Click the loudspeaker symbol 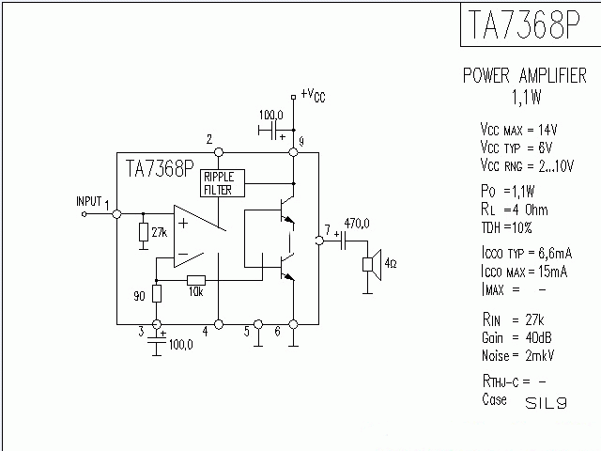[x=371, y=262]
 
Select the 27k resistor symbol [x=142, y=231]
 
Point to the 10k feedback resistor [x=196, y=279]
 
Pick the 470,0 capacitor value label [x=357, y=224]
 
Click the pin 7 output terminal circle [x=319, y=241]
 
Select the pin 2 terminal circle [x=218, y=151]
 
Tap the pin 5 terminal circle [x=258, y=325]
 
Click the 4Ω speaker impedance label [x=391, y=262]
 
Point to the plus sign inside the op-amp [x=182, y=223]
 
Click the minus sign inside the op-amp [x=182, y=253]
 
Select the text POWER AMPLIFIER [x=525, y=76]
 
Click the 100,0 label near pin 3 [x=180, y=345]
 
